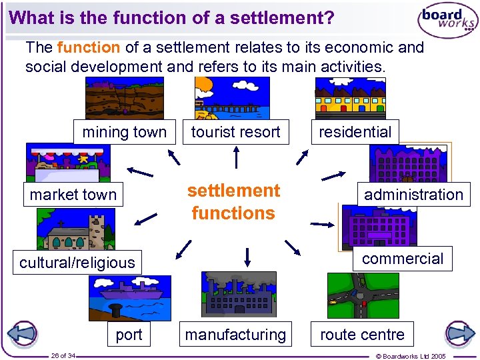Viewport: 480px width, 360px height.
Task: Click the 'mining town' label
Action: [124, 132]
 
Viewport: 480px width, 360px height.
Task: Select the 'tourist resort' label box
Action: [236, 132]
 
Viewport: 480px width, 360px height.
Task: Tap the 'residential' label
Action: [355, 132]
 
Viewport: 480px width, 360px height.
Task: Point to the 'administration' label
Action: [413, 195]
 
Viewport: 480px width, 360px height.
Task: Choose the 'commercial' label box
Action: [403, 259]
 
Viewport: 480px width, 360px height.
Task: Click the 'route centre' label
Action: [362, 335]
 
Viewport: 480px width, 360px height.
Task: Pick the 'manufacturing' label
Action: [235, 335]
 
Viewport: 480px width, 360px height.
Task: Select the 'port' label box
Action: [129, 335]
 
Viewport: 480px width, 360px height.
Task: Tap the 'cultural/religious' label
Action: [77, 263]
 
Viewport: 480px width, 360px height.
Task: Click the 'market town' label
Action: [73, 195]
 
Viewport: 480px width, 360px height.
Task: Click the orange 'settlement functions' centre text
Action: [233, 202]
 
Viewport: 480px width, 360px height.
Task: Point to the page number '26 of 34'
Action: [63, 355]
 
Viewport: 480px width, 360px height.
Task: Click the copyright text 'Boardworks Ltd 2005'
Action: [420, 356]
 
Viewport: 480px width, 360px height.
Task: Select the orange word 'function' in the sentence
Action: [89, 48]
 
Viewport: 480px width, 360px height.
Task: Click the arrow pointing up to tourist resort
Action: [236, 157]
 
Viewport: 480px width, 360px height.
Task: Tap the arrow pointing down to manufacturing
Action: [247, 257]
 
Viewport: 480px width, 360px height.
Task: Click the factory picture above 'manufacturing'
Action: [238, 293]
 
